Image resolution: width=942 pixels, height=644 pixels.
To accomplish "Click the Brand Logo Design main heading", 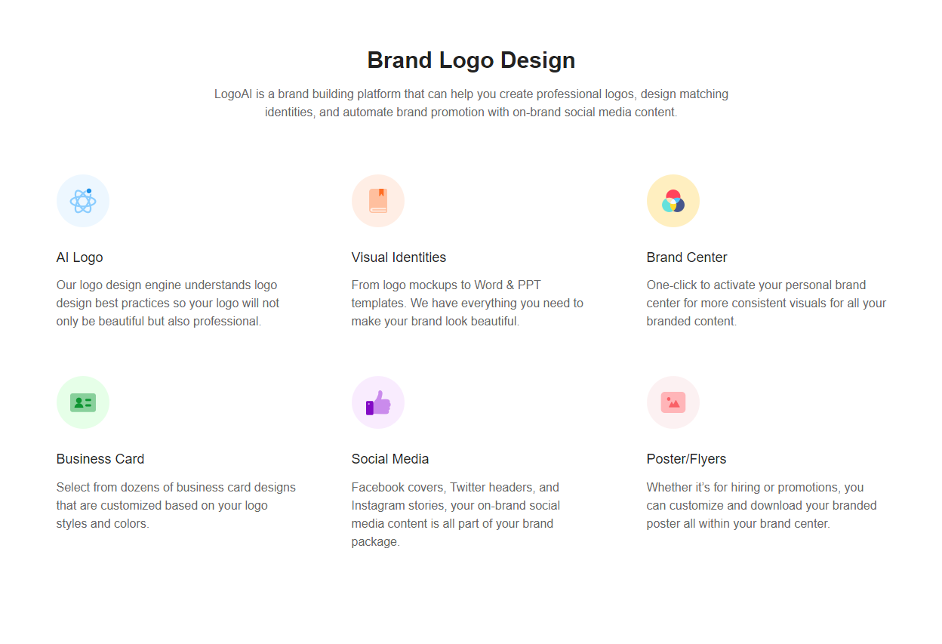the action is click(471, 60).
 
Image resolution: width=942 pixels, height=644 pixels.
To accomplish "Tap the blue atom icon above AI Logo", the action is click(83, 201).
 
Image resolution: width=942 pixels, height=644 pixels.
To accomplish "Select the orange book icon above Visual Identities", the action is click(378, 201).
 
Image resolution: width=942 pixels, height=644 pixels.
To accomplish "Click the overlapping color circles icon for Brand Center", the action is click(673, 201).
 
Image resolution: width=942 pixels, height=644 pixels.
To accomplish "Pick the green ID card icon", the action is click(83, 403).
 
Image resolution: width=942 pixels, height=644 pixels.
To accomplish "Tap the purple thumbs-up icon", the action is click(378, 402).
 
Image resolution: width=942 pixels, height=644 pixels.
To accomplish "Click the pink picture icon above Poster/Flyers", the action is click(673, 403).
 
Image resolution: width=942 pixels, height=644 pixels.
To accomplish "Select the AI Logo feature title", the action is click(79, 257).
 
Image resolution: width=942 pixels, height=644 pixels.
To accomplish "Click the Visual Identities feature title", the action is click(399, 257).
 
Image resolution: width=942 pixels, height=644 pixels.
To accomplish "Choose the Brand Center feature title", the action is click(687, 257).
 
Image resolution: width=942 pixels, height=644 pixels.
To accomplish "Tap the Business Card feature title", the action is click(100, 459).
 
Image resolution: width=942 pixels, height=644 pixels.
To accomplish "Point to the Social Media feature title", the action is click(390, 459).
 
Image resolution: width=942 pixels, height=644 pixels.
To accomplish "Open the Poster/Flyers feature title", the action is click(686, 459).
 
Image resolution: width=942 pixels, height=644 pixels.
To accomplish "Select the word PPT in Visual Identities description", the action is click(529, 285).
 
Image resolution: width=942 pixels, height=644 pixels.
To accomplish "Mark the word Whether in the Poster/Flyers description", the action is click(669, 487).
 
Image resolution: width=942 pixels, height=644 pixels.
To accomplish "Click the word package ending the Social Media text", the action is click(375, 542).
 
